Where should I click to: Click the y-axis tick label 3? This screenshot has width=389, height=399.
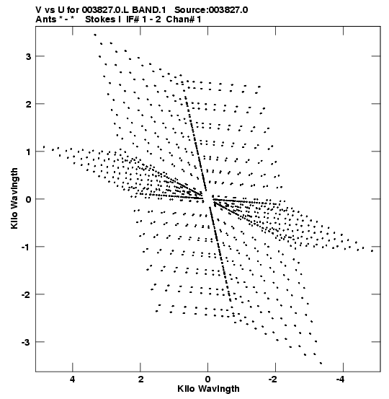click(28, 56)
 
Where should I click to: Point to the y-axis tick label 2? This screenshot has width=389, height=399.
click(28, 104)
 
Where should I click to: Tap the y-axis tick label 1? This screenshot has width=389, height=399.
click(29, 152)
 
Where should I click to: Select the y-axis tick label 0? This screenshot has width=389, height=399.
click(28, 199)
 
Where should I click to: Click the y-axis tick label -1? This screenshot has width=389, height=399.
click(26, 247)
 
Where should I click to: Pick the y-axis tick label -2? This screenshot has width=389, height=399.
click(26, 294)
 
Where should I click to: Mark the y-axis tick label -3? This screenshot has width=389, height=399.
click(26, 342)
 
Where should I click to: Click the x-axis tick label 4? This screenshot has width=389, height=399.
click(73, 380)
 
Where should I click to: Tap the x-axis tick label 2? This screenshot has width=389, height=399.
click(140, 380)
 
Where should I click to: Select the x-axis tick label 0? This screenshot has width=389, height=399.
click(208, 380)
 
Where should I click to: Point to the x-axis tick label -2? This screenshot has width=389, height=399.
click(273, 380)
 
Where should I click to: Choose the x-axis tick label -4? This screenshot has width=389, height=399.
click(341, 380)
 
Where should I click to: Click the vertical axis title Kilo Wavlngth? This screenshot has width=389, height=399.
click(14, 198)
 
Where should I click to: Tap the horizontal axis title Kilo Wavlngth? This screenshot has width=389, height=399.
click(208, 389)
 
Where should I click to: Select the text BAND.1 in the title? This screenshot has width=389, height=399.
click(149, 10)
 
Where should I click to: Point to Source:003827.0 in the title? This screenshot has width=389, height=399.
click(211, 10)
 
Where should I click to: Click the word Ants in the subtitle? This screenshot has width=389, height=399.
click(45, 19)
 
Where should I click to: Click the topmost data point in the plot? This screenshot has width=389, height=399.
click(95, 35)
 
